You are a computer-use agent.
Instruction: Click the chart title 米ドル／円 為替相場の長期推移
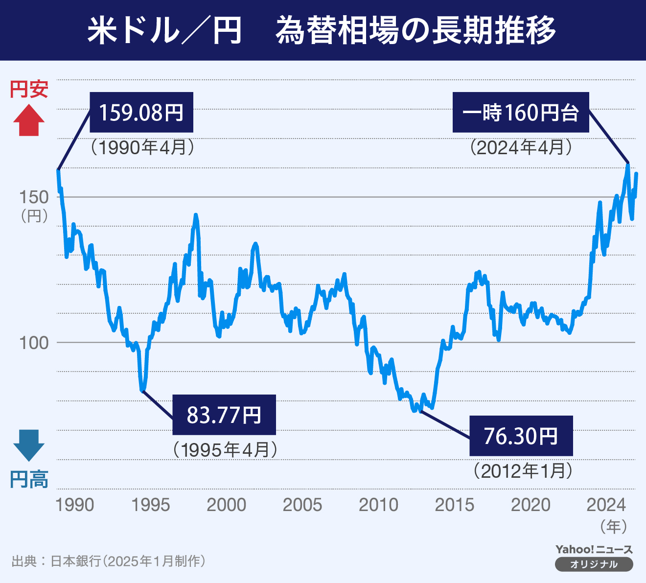click(322, 30)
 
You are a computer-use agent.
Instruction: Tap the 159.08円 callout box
click(141, 113)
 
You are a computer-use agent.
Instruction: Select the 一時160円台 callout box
click(520, 113)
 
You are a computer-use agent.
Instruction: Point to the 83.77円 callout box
click(224, 415)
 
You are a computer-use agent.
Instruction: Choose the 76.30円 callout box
click(521, 436)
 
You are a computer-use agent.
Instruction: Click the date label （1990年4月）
click(142, 147)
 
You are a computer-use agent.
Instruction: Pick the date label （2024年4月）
click(521, 147)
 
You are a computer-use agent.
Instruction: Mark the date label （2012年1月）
click(523, 470)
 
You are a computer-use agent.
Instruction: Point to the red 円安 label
click(29, 89)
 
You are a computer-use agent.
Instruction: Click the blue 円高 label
click(29, 480)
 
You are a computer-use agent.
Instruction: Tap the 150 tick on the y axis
click(34, 197)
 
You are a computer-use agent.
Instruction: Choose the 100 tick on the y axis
click(34, 343)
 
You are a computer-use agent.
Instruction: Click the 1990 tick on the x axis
click(74, 505)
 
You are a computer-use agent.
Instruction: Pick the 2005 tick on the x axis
click(302, 505)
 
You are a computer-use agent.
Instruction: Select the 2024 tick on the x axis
click(606, 505)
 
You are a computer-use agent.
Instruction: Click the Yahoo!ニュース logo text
click(594, 550)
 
